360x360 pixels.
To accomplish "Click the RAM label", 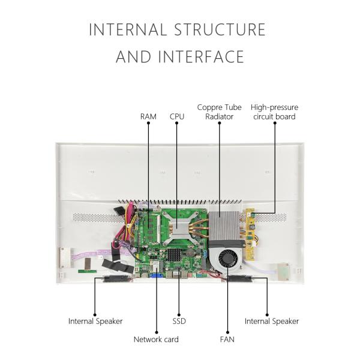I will point(148,116).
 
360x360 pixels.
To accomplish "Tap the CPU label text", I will point(177,116).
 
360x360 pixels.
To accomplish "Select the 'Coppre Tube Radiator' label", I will point(219,112).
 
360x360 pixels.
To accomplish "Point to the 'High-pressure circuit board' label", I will point(274,112).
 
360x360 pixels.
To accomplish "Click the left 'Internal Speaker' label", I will point(95,321).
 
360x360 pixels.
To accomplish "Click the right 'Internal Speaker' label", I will point(271,321).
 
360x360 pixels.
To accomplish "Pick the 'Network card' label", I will point(156,340).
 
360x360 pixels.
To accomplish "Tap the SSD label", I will point(179,321).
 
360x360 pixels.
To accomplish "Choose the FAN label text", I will point(227,340).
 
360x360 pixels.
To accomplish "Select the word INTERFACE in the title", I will point(201,57).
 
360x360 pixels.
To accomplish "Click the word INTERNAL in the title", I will point(128,29).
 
